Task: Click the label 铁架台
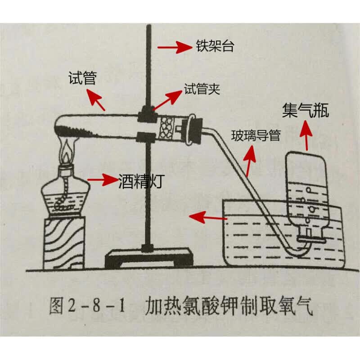tap(215, 46)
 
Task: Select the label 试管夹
tap(202, 89)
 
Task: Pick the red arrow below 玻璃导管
tap(250, 159)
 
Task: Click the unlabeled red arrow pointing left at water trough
tap(207, 217)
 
